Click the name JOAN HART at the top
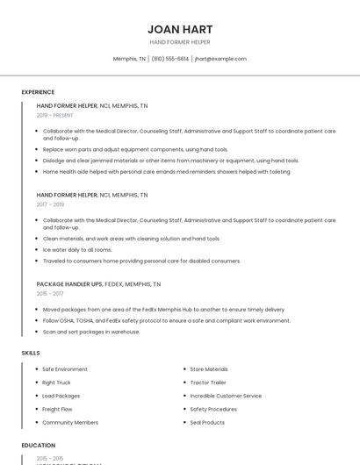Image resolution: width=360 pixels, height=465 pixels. click(x=180, y=29)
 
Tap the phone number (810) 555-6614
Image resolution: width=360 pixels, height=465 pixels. click(x=169, y=59)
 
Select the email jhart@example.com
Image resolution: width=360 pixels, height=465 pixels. click(x=220, y=59)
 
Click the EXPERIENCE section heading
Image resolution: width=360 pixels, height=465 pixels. click(x=38, y=92)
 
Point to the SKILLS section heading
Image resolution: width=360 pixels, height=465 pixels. click(x=31, y=353)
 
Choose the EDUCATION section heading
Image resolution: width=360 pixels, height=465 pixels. click(x=38, y=446)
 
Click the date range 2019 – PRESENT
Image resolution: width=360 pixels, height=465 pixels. click(x=55, y=115)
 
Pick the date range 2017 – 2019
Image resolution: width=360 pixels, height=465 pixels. click(x=50, y=204)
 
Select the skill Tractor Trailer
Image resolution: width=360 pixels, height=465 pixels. click(x=208, y=383)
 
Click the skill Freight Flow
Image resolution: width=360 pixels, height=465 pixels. click(x=57, y=409)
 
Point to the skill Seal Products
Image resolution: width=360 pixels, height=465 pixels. click(x=207, y=422)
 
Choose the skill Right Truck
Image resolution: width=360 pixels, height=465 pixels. click(x=56, y=383)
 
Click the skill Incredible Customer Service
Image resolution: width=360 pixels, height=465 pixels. click(x=226, y=396)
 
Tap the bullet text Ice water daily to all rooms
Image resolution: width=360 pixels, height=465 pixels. click(x=77, y=250)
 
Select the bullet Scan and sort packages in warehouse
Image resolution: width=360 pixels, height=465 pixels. click(x=91, y=332)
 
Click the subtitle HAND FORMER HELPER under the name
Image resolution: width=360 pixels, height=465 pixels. click(x=180, y=42)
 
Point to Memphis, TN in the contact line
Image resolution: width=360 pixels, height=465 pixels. click(x=129, y=59)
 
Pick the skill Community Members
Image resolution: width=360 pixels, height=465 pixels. click(x=70, y=422)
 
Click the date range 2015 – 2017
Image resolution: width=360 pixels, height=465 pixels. click(x=50, y=294)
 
